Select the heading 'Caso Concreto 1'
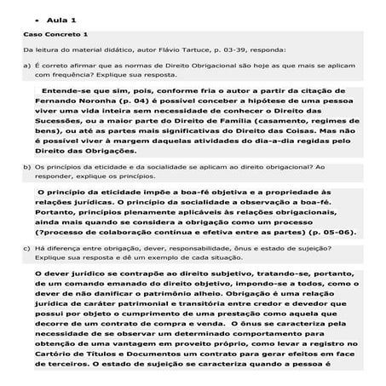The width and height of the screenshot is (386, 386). pos(55,34)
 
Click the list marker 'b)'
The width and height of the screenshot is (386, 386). pos(26,168)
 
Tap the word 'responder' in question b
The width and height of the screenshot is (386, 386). pos(57,176)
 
